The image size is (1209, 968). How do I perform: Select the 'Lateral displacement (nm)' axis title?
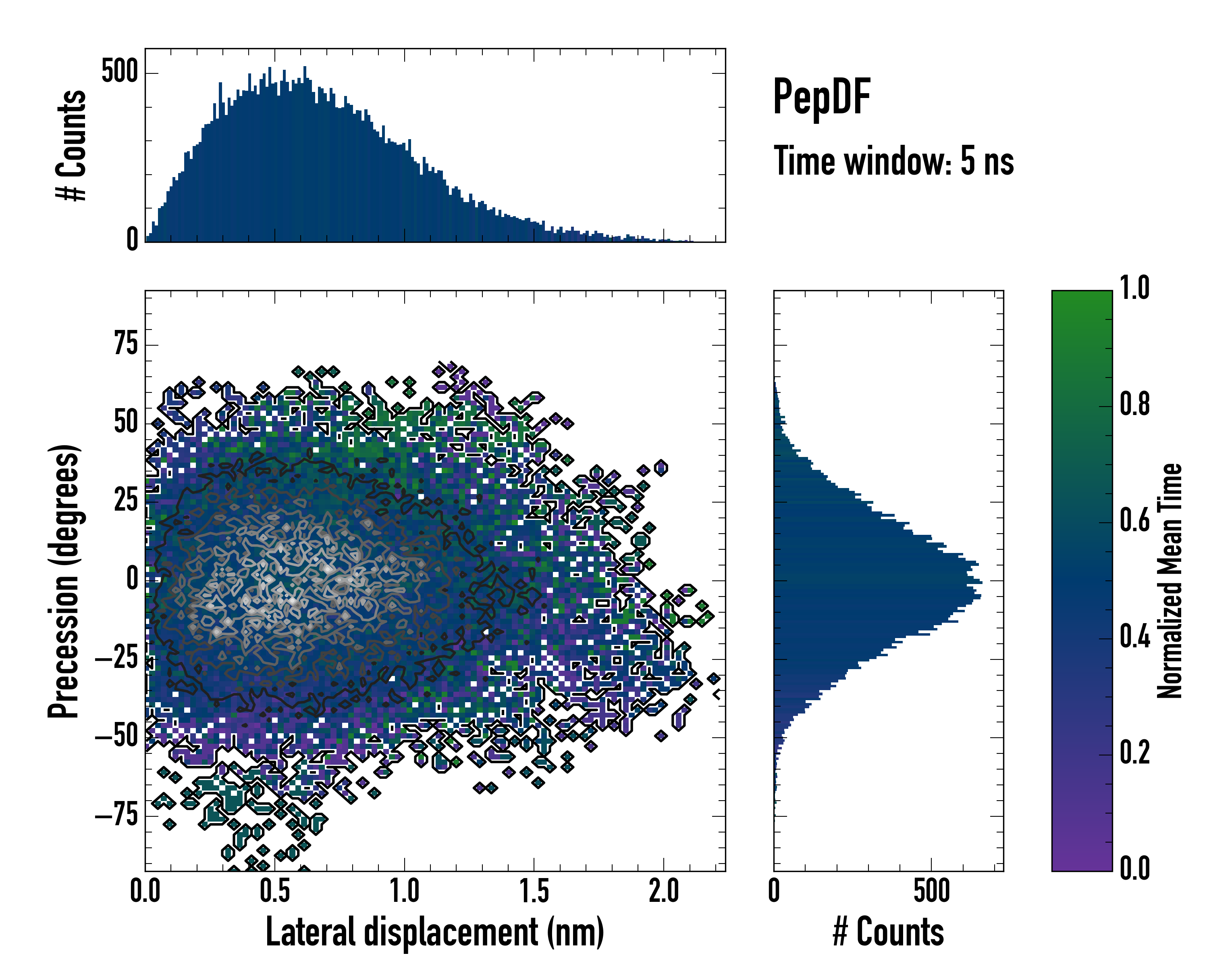pos(434,932)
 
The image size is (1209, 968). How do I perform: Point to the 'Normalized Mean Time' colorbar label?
pos(1169,581)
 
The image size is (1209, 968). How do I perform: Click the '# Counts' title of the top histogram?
pos(71,145)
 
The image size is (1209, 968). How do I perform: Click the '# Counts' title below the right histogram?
pos(888,932)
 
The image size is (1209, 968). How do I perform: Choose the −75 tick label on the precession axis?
pos(116,814)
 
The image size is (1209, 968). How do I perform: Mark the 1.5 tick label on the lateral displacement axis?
pos(534,891)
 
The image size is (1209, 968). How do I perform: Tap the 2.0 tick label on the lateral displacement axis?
pos(664,891)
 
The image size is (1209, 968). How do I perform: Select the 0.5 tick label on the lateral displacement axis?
pos(275,891)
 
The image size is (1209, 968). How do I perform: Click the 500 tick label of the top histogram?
pos(119,72)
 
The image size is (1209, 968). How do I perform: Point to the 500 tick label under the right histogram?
pos(931,891)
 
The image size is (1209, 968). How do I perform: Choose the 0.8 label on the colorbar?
pos(1134,404)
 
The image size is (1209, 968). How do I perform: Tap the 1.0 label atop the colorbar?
pos(1134,288)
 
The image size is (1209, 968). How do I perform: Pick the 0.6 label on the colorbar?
pos(1134,520)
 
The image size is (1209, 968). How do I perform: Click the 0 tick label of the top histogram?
pos(132,240)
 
